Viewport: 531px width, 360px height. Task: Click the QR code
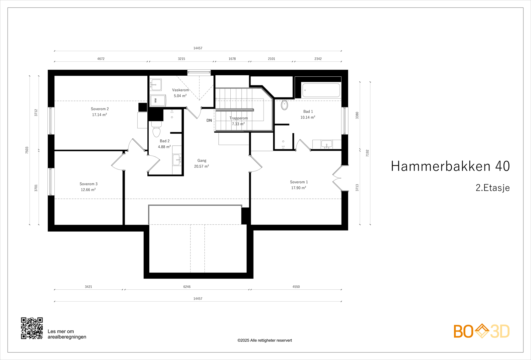pos(32,328)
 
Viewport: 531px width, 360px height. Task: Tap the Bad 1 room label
pos(308,111)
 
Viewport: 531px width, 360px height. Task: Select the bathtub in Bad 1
pos(321,90)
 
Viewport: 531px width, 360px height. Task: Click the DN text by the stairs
pos(209,120)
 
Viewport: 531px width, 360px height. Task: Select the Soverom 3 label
pos(89,184)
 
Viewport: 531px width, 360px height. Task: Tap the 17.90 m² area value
pos(299,188)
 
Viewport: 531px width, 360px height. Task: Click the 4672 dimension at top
pos(101,59)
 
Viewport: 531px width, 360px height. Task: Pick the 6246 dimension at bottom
pos(187,287)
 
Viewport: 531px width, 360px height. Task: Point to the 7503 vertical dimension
pos(27,150)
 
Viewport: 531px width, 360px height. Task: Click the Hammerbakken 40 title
pos(450,166)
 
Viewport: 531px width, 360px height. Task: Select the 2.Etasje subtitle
pos(493,188)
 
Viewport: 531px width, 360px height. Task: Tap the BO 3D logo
pos(482,331)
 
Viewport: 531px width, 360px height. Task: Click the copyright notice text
pos(265,340)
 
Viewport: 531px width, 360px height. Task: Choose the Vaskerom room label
pos(181,90)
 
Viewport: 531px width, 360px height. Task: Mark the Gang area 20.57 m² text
pos(201,166)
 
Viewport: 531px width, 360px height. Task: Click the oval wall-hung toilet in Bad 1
pos(284,105)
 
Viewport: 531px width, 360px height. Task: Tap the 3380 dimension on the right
pos(357,115)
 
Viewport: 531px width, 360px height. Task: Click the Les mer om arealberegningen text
pos(67,334)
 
